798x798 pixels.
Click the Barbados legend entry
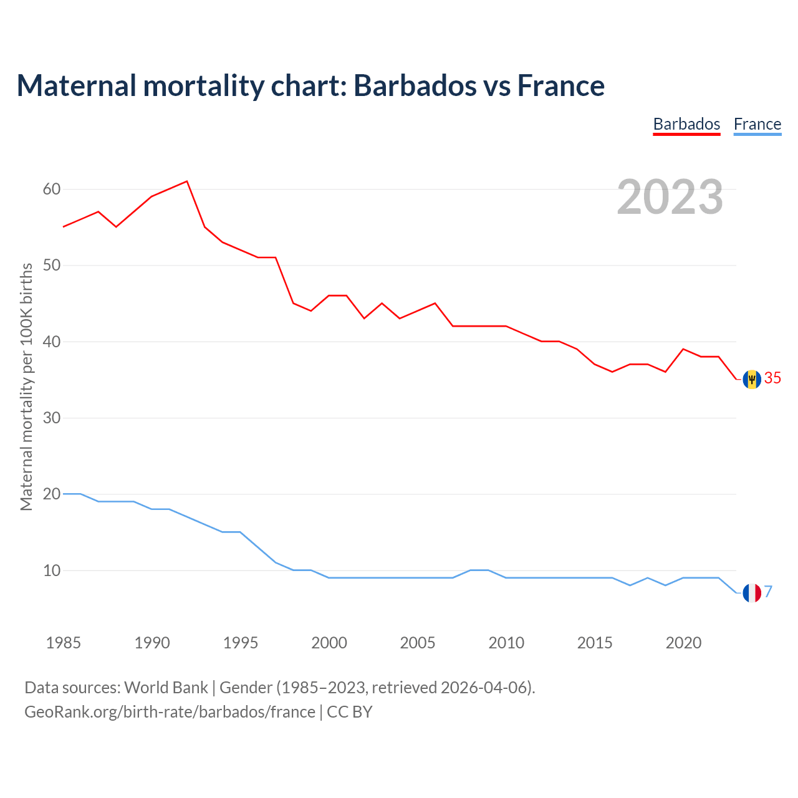click(686, 124)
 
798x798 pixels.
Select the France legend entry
click(757, 124)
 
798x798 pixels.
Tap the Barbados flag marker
click(752, 379)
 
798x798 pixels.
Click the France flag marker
click(752, 593)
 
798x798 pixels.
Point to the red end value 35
click(772, 378)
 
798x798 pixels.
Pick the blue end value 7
click(769, 592)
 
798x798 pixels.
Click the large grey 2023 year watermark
click(670, 197)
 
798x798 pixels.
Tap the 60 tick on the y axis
click(52, 189)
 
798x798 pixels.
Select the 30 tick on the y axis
click(52, 418)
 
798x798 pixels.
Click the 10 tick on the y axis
click(52, 570)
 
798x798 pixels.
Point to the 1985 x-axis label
click(64, 643)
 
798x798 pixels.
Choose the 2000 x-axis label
click(329, 643)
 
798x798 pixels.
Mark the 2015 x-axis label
click(595, 643)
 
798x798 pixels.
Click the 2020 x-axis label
click(683, 643)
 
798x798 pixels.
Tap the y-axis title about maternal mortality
click(26, 387)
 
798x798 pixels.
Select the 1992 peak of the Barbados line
click(187, 181)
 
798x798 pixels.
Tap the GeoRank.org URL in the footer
click(170, 712)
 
